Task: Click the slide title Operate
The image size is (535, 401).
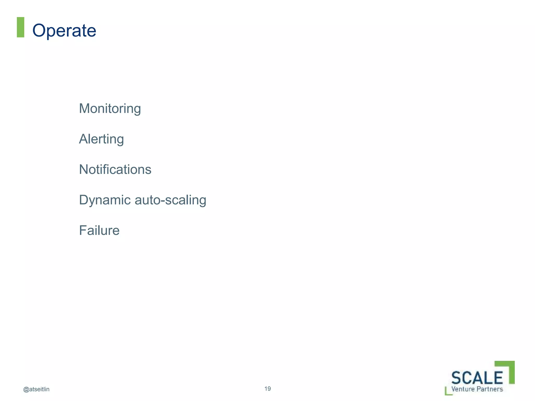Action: pyautogui.click(x=64, y=31)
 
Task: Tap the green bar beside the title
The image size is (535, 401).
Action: pyautogui.click(x=20, y=27)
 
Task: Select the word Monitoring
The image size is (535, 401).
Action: pyautogui.click(x=110, y=109)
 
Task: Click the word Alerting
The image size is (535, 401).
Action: pyautogui.click(x=101, y=139)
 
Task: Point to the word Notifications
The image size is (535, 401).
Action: pyautogui.click(x=115, y=169)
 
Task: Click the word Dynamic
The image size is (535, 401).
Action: pyautogui.click(x=105, y=200)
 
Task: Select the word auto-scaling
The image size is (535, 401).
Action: pyautogui.click(x=170, y=200)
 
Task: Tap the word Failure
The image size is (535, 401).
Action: pyautogui.click(x=99, y=231)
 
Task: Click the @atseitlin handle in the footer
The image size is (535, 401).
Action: pyautogui.click(x=36, y=389)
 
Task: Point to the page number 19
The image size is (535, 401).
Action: pyautogui.click(x=267, y=389)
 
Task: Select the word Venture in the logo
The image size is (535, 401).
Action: pyautogui.click(x=463, y=389)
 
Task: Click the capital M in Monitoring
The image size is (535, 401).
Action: pyautogui.click(x=84, y=108)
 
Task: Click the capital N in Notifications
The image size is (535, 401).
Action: pyautogui.click(x=84, y=169)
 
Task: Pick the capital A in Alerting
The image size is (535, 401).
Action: pyautogui.click(x=84, y=139)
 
